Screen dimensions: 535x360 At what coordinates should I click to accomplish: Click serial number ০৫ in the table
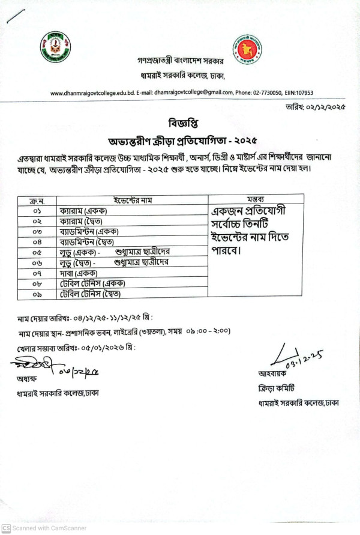click(x=37, y=253)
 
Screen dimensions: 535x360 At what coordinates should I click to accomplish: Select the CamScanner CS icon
click(x=5, y=528)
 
